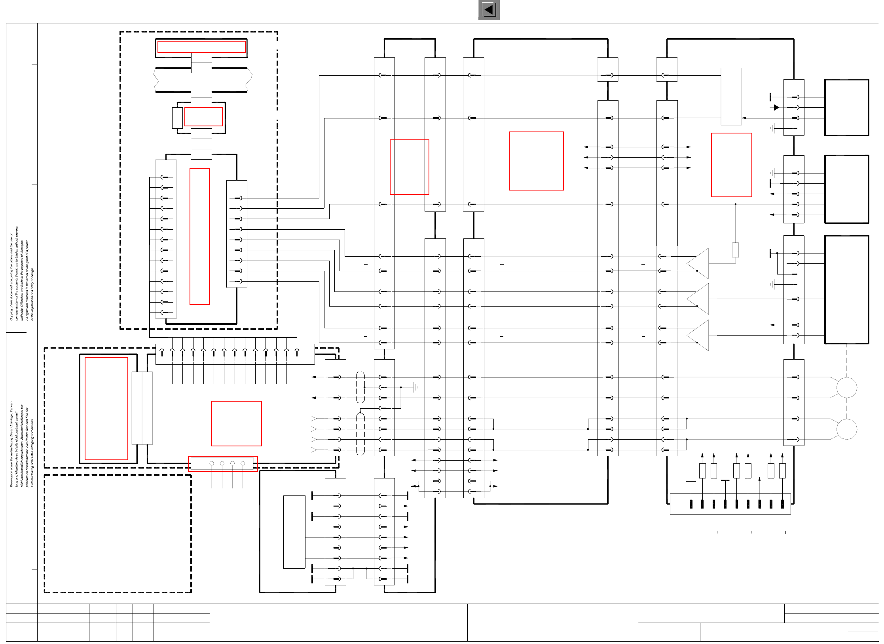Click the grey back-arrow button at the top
click(x=489, y=10)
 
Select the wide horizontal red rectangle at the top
click(x=201, y=47)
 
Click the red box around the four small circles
click(x=223, y=463)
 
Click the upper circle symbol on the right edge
click(x=846, y=387)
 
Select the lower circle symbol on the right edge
click(x=846, y=429)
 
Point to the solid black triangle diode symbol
click(x=776, y=107)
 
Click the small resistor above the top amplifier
click(x=735, y=250)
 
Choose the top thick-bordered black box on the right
click(x=846, y=107)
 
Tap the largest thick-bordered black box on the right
click(x=846, y=290)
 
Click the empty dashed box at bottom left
click(x=118, y=533)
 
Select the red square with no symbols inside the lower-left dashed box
click(x=236, y=423)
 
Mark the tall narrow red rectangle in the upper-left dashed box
click(x=199, y=236)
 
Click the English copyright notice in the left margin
click(x=22, y=273)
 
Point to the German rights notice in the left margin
click(x=22, y=444)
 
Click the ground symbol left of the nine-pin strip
click(x=691, y=480)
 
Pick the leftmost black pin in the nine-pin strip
click(x=691, y=504)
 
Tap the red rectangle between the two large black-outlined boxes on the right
click(x=731, y=165)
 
